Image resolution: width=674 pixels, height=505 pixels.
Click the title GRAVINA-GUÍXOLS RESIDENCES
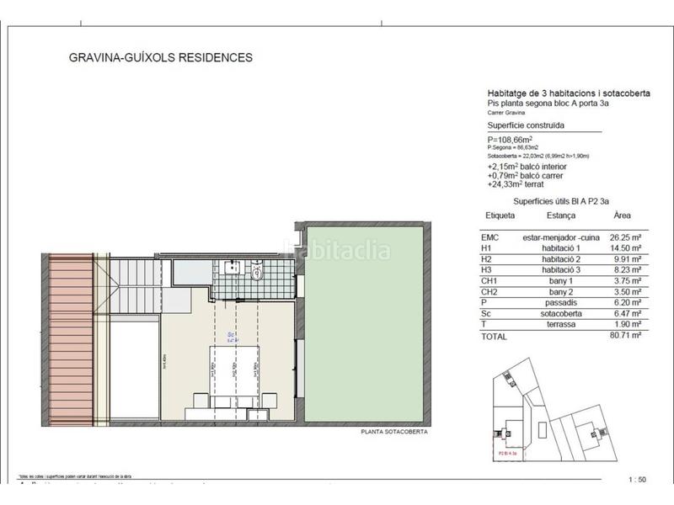point(159,58)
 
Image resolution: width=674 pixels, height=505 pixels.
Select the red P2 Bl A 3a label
point(508,452)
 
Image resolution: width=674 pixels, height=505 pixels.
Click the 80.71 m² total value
point(625,335)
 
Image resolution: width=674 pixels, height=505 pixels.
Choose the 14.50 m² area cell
point(625,248)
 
